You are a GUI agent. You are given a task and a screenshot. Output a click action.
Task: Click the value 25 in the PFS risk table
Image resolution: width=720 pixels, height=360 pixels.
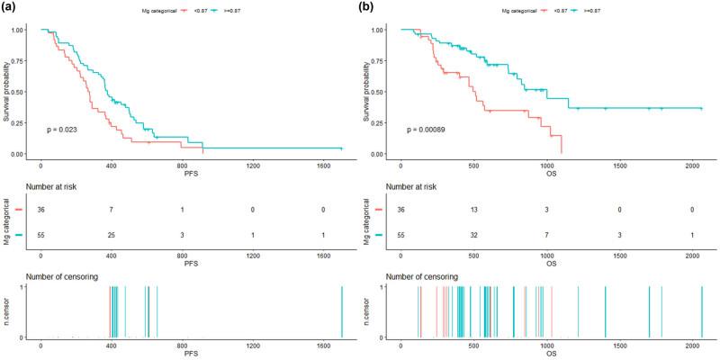(112, 235)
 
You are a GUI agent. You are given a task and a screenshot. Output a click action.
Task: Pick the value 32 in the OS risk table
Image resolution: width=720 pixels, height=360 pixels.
(473, 235)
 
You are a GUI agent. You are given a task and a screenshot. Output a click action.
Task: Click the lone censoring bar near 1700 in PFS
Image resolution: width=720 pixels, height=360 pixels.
(342, 311)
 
